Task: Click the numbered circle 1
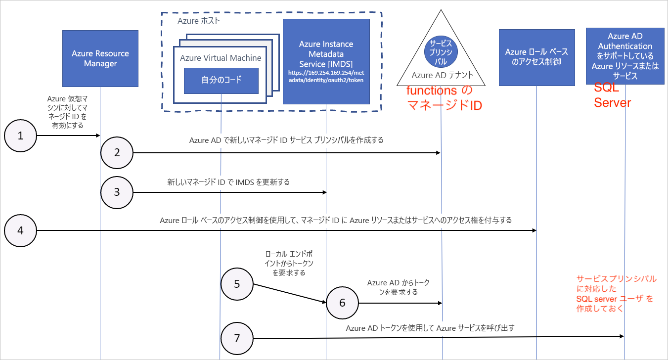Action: [x=20, y=135]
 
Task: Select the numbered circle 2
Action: [x=117, y=153]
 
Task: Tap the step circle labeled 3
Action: [x=117, y=192]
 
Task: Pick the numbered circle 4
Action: [x=20, y=230]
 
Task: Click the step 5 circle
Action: [x=236, y=284]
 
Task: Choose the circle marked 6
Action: [x=343, y=302]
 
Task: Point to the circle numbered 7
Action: [x=236, y=338]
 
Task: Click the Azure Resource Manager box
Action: [x=100, y=58]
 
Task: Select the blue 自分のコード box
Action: [x=221, y=81]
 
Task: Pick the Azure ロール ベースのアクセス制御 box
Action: [x=536, y=57]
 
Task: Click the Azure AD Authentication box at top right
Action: [x=625, y=56]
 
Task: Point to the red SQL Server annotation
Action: [x=612, y=95]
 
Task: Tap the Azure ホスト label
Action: [x=199, y=21]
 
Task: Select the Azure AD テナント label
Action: [x=442, y=75]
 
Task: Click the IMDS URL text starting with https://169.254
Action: [x=326, y=76]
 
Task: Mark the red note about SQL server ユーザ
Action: [x=616, y=294]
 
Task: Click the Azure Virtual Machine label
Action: [x=221, y=58]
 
